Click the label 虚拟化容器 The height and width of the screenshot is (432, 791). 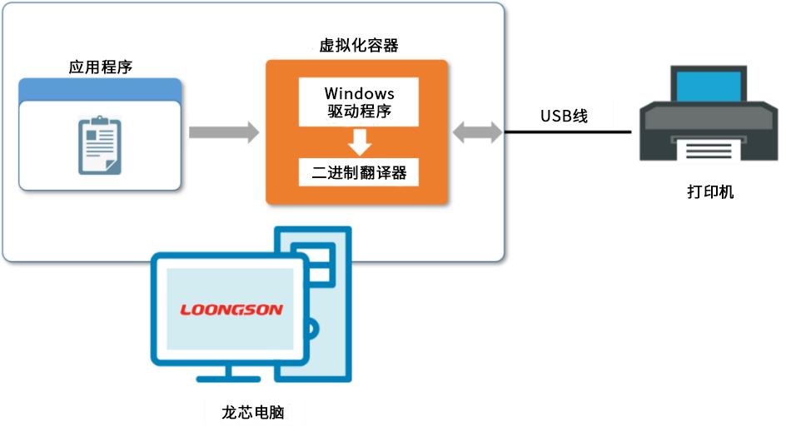tap(359, 46)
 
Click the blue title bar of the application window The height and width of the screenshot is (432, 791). tap(100, 88)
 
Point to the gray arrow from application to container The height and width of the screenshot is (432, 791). tap(223, 132)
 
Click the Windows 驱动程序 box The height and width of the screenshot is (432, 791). tap(359, 102)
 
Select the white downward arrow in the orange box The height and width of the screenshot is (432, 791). tap(359, 142)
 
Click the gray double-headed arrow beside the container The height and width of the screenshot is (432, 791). tap(477, 132)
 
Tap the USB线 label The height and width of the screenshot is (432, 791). tap(564, 116)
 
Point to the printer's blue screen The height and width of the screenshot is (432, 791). tap(708, 88)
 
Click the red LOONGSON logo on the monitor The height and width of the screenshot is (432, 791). tap(231, 310)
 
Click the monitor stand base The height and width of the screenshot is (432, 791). tap(231, 381)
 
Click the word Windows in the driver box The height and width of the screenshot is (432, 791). tap(359, 92)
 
